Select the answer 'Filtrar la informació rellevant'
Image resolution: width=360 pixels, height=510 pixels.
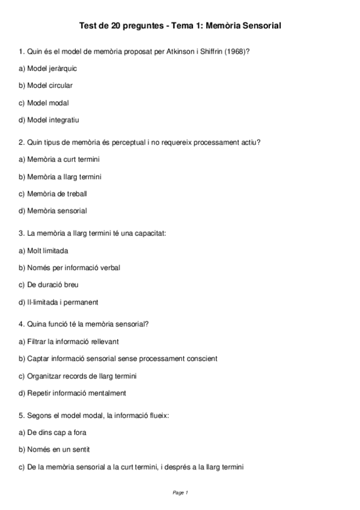(x=69, y=341)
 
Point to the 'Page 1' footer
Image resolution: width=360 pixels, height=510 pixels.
(x=180, y=493)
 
